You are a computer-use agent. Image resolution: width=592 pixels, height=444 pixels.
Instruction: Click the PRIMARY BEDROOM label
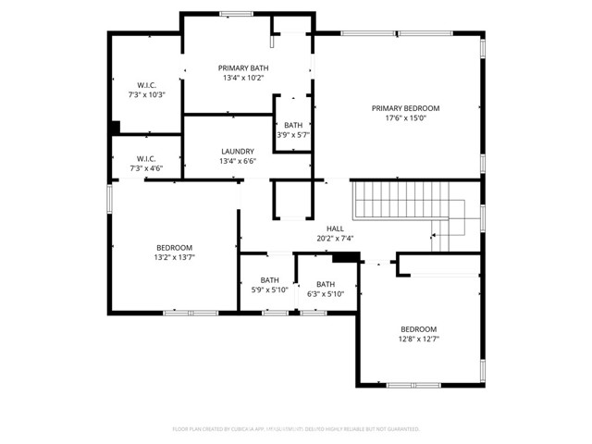point(405,108)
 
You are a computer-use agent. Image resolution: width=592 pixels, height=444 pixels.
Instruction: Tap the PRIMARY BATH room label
point(243,68)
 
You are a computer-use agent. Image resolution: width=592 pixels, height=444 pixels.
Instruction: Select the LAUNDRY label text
point(238,152)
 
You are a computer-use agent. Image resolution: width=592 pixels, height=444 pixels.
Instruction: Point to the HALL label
point(335,228)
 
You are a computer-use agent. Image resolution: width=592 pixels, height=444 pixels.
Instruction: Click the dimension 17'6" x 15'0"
point(405,118)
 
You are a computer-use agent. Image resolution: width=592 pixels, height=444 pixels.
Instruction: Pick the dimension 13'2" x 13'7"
point(174,257)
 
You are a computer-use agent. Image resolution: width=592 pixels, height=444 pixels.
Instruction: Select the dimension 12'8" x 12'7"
point(418,339)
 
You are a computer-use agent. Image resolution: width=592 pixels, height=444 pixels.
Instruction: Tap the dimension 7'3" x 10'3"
point(146,94)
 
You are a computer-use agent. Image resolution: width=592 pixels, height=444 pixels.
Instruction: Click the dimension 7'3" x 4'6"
point(146,168)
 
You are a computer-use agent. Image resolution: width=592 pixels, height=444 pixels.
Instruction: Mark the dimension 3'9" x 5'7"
point(293,135)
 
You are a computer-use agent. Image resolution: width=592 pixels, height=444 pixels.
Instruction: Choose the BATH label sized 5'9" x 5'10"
point(269,280)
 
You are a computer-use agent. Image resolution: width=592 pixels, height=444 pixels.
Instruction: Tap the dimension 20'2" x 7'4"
point(335,239)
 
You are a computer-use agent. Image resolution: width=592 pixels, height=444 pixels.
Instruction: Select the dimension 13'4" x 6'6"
point(238,162)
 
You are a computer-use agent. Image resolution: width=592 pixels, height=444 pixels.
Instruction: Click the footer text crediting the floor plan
point(296,429)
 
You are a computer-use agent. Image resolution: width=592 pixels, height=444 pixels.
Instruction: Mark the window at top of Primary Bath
point(237,13)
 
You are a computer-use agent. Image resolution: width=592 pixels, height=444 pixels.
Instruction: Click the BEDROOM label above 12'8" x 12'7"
point(418,329)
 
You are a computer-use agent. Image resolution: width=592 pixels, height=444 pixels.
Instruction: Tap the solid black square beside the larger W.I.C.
point(115,128)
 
